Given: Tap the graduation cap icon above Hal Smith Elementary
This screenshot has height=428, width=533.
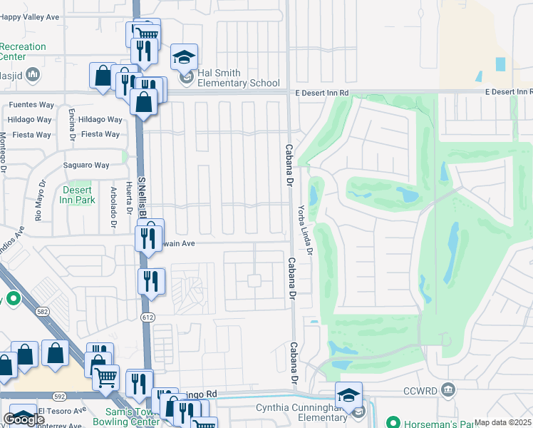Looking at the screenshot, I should pyautogui.click(x=184, y=57).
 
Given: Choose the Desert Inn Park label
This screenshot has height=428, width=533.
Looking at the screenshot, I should pyautogui.click(x=78, y=195).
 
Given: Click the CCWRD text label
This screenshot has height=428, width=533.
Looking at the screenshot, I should pyautogui.click(x=425, y=389).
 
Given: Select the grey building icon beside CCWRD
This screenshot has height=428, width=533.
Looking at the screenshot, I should pyautogui.click(x=447, y=389).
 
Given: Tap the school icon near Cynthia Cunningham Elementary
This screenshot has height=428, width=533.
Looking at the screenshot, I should pyautogui.click(x=349, y=395).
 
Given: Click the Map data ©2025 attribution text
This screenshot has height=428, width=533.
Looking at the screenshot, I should pyautogui.click(x=503, y=422).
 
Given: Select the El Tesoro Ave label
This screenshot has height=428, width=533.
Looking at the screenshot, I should pyautogui.click(x=61, y=411).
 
